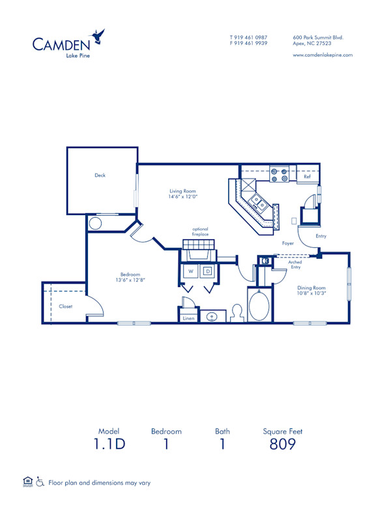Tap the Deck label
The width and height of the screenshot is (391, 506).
(x=100, y=175)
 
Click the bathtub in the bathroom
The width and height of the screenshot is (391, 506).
(x=259, y=305)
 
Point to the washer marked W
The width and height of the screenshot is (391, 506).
(x=192, y=270)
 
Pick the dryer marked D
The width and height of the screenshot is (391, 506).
(x=208, y=270)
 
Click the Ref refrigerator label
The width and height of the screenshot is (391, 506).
(x=307, y=177)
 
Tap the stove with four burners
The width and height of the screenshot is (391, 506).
(x=280, y=175)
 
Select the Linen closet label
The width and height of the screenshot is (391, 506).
(x=188, y=318)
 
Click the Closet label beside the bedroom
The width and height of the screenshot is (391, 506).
(x=65, y=306)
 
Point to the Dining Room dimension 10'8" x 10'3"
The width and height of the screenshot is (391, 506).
(x=311, y=293)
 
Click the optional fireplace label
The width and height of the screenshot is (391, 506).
(x=199, y=232)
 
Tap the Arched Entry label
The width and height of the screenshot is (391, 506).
(x=295, y=264)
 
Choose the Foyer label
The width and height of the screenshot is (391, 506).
(x=287, y=243)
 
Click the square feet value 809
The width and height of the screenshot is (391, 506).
(x=282, y=445)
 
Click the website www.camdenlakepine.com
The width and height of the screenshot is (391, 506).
(x=323, y=55)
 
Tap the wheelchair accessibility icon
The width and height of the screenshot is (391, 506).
(x=40, y=483)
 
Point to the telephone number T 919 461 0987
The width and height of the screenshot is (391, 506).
(x=248, y=37)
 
